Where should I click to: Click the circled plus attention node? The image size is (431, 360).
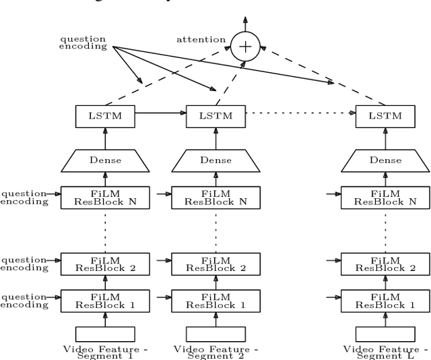(245, 46)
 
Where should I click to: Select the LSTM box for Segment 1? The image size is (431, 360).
(105, 115)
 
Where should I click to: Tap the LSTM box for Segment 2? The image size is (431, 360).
(215, 115)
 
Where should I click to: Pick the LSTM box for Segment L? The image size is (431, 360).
(385, 115)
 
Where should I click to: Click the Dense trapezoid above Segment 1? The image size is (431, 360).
(105, 160)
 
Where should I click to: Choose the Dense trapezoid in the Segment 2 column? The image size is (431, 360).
(215, 160)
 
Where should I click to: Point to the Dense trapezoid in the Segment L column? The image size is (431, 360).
(385, 160)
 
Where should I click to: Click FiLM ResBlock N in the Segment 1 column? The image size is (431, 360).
(105, 197)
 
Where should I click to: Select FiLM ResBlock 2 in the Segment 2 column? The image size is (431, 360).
(215, 264)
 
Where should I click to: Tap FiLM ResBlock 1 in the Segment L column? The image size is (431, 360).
(385, 300)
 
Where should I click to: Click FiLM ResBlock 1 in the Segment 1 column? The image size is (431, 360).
(105, 300)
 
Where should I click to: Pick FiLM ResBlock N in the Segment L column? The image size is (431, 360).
(385, 197)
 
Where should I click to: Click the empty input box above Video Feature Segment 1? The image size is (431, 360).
(105, 334)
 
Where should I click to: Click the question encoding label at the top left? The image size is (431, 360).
(83, 43)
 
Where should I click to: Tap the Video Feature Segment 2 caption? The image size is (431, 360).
(215, 353)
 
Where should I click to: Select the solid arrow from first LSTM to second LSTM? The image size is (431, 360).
(160, 114)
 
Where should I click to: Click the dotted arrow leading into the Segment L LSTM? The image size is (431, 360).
(300, 114)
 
